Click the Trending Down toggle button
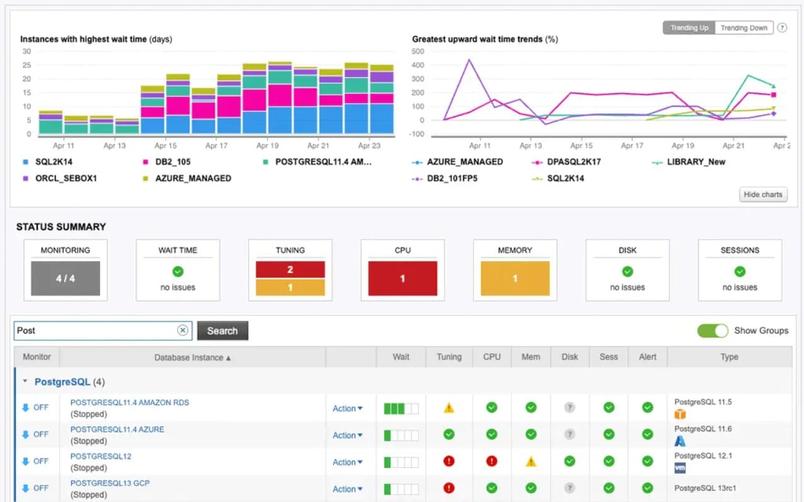[x=744, y=28]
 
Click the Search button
[x=222, y=331]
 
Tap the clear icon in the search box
[x=183, y=330]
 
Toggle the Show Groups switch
[x=713, y=330]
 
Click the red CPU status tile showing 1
[x=402, y=278]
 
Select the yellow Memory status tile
[x=514, y=278]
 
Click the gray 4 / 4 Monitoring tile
[x=65, y=278]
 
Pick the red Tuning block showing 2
[x=290, y=269]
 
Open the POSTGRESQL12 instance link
[x=101, y=456]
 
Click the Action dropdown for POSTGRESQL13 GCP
[x=348, y=489]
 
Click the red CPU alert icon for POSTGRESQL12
[x=492, y=461]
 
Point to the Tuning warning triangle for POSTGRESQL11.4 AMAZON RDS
[x=449, y=408]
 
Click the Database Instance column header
[x=193, y=357]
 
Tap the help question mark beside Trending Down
[x=782, y=28]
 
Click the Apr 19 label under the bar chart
[x=268, y=145]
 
